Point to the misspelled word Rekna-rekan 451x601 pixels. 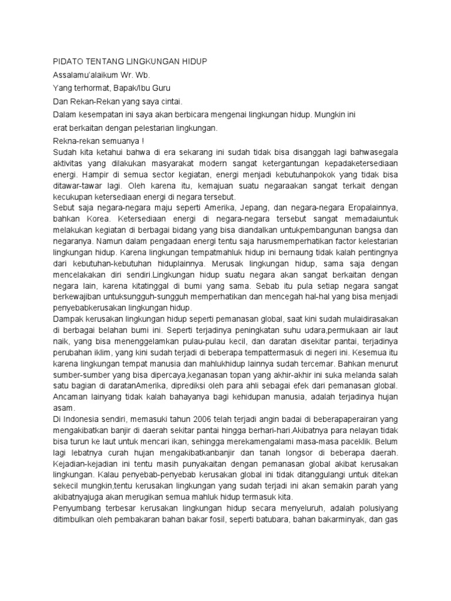(75, 141)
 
